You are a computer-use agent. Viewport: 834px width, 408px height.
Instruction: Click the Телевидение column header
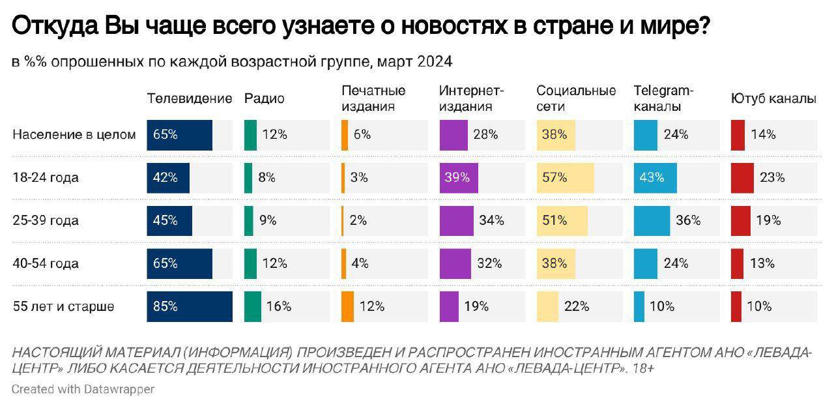point(189,99)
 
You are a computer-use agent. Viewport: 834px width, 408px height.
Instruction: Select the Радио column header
point(264,99)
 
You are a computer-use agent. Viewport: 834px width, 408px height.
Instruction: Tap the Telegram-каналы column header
point(664,98)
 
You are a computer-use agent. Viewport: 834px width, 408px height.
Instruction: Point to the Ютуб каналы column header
point(773,99)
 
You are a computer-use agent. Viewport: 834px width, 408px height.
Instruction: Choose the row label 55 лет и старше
point(64,306)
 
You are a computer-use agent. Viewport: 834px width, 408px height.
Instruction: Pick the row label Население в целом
point(74,135)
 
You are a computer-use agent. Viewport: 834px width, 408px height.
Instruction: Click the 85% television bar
point(189,306)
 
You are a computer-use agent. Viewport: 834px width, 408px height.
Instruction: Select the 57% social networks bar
point(564,177)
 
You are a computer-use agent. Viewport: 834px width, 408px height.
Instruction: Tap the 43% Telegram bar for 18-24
point(655,177)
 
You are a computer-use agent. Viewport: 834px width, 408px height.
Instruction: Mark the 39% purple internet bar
point(459,177)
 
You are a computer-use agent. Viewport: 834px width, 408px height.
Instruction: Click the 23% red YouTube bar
point(742,177)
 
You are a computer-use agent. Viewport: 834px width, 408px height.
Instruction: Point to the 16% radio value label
point(278,306)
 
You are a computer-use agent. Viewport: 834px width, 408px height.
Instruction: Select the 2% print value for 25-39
point(358,220)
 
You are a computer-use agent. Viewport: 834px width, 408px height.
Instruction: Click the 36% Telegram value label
point(687,220)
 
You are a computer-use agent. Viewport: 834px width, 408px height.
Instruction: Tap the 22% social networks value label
point(576,306)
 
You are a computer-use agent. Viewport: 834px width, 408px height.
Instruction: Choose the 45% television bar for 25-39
point(169,220)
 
